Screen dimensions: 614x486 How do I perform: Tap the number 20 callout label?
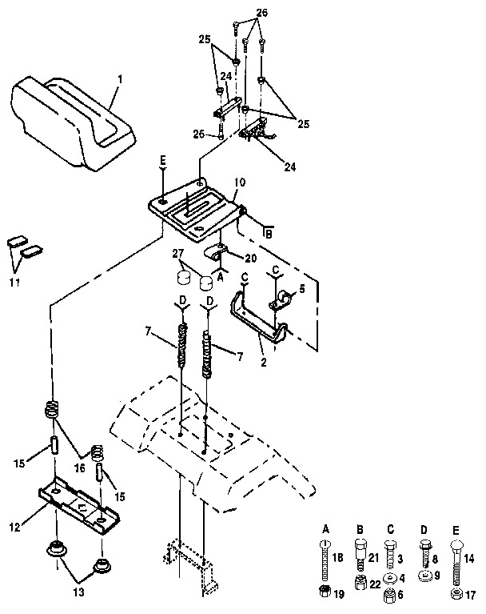click(250, 259)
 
